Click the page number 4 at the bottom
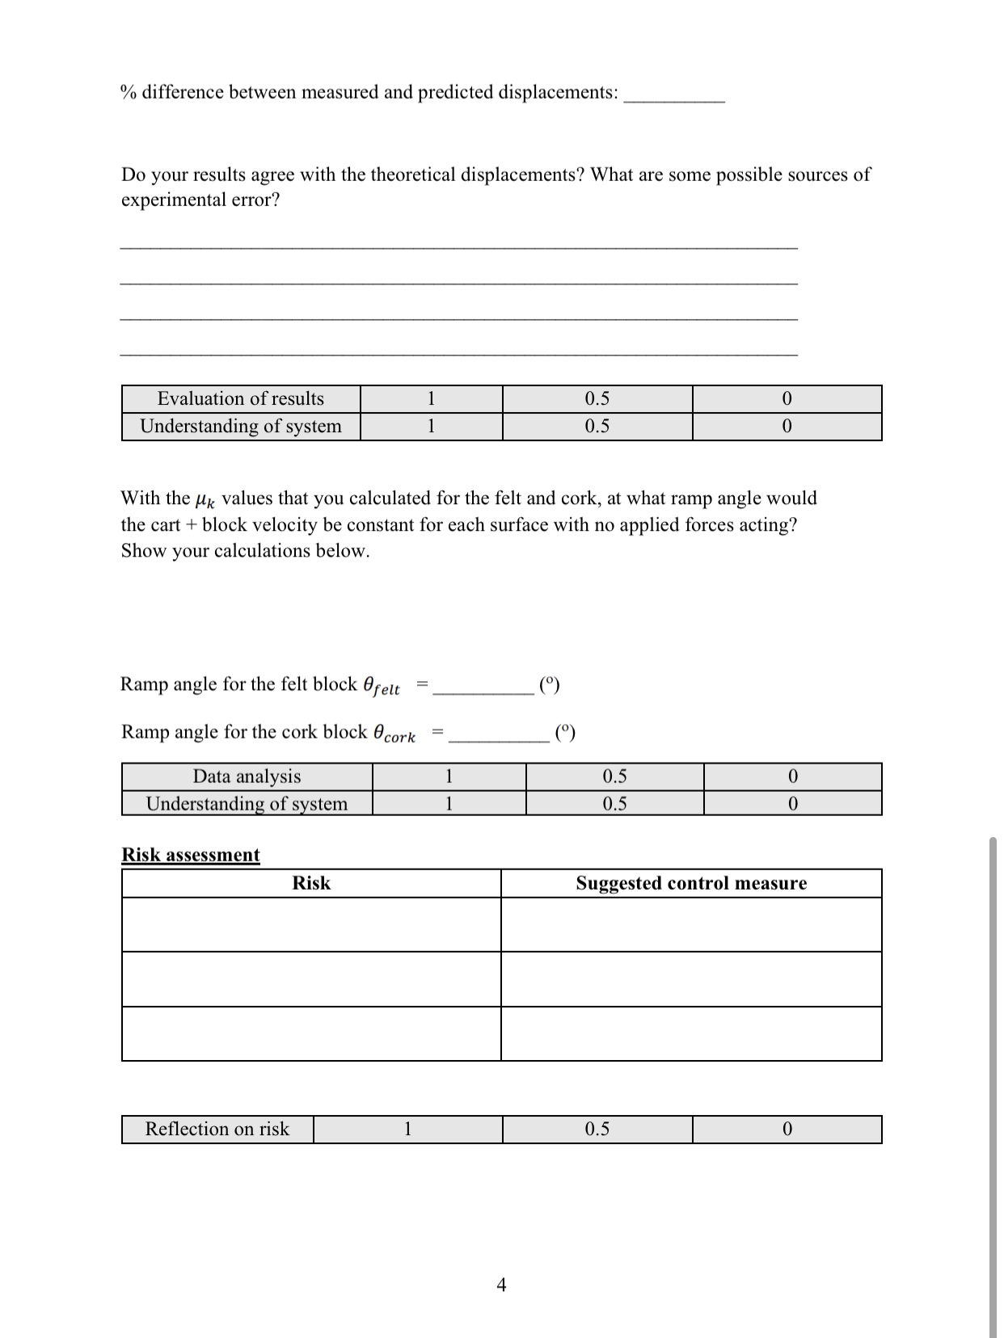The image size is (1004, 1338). coord(501,1284)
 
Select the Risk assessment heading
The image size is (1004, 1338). coord(191,855)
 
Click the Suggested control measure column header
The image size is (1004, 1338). coord(691,883)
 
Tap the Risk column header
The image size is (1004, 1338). coord(311,883)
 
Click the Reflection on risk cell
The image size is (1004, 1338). coord(217,1129)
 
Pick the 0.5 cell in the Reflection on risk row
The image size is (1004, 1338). coord(597,1129)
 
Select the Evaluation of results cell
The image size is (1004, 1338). coord(240,398)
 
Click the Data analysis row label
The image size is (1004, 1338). coord(247,776)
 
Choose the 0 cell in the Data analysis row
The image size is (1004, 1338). coord(792,776)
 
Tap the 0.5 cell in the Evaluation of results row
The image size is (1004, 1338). coord(597,398)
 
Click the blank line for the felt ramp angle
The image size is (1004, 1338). coord(483,688)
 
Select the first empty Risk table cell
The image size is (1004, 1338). coord(311,924)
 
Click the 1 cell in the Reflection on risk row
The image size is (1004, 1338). coord(407,1129)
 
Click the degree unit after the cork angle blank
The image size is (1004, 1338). coord(566,733)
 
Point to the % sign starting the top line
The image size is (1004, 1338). coord(128,92)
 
